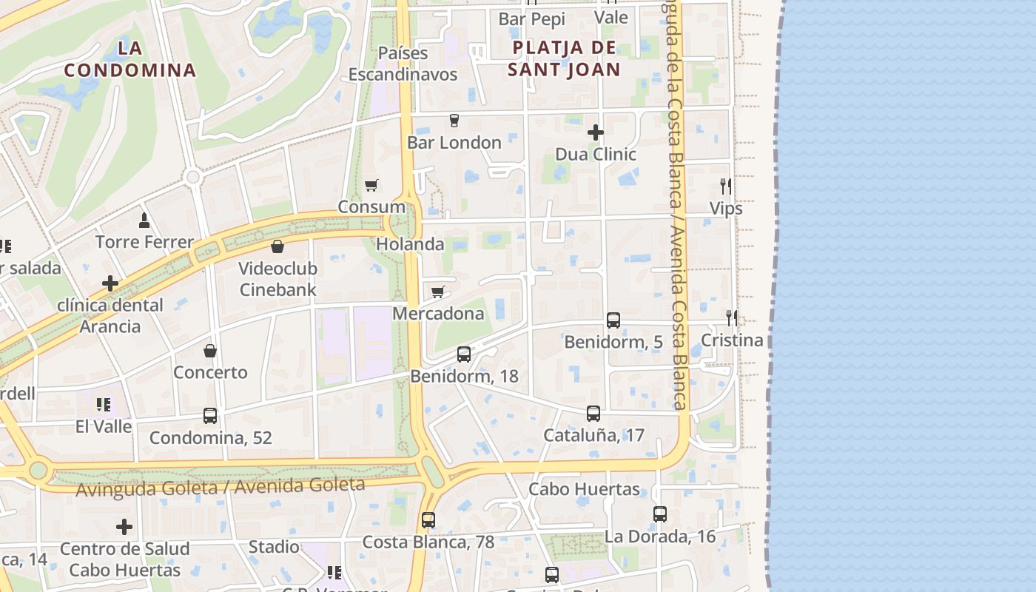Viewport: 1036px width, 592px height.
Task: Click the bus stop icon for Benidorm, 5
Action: [x=613, y=320]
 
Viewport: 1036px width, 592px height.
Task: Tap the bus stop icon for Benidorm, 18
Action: [x=464, y=354]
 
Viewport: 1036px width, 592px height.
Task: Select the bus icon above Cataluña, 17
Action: [x=593, y=414]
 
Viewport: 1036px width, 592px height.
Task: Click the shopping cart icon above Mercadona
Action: [x=437, y=292]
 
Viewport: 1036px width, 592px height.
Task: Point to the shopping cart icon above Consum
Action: [x=371, y=185]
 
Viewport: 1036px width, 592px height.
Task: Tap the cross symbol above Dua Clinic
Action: [x=596, y=133]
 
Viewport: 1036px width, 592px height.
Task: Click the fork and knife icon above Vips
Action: [x=726, y=186]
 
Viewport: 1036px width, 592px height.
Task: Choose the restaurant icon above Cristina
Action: [x=732, y=318]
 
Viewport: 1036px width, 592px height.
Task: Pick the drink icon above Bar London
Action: [x=454, y=121]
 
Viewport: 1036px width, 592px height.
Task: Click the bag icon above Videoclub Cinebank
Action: [x=277, y=246]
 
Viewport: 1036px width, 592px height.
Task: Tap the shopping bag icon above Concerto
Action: [x=210, y=351]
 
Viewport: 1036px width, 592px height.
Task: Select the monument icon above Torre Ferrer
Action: [x=144, y=220]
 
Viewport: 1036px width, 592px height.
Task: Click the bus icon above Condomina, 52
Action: [x=210, y=416]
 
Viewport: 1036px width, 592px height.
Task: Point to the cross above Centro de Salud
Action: [x=124, y=527]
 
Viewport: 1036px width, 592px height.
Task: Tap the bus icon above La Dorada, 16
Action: [x=660, y=514]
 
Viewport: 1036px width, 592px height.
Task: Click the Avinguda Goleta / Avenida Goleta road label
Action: [x=221, y=487]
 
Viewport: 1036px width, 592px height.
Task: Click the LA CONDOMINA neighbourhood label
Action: [x=130, y=60]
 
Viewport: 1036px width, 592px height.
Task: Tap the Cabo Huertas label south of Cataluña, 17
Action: [x=584, y=489]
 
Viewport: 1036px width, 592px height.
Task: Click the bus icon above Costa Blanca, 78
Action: [x=428, y=520]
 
